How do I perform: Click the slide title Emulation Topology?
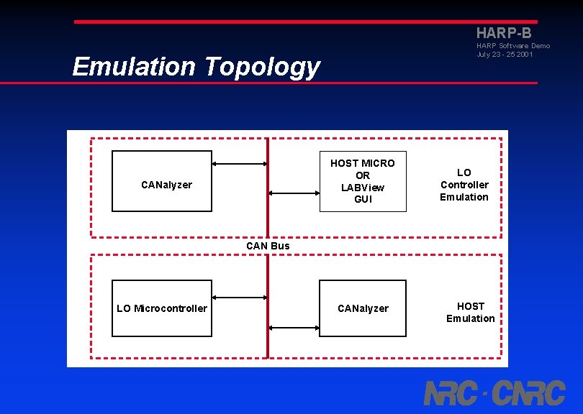point(196,67)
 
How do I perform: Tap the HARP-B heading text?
point(504,33)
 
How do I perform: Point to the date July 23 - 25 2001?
point(505,55)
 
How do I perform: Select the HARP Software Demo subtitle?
point(512,46)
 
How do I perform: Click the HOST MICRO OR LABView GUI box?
point(363,181)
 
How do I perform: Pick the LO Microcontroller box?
point(162,308)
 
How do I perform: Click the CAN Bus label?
point(268,246)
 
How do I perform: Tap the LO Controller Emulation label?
point(464,185)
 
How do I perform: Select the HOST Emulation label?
point(471,312)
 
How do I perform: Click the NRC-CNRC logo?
point(494,393)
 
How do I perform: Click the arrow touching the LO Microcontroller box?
point(240,297)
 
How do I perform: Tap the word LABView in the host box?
point(363,188)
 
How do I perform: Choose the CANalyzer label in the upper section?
point(166,185)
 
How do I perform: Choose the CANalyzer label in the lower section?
point(363,308)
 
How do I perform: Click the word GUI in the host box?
point(363,199)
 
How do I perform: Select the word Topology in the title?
point(261,67)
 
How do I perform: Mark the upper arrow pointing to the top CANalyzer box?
point(240,164)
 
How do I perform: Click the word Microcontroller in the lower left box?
point(171,308)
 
